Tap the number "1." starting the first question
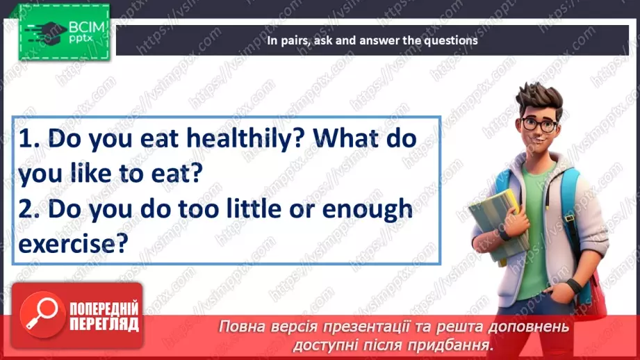pyautogui.click(x=31, y=140)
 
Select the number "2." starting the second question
pyautogui.click(x=31, y=208)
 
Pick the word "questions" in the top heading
pyautogui.click(x=450, y=40)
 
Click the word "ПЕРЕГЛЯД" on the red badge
pyautogui.click(x=104, y=324)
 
